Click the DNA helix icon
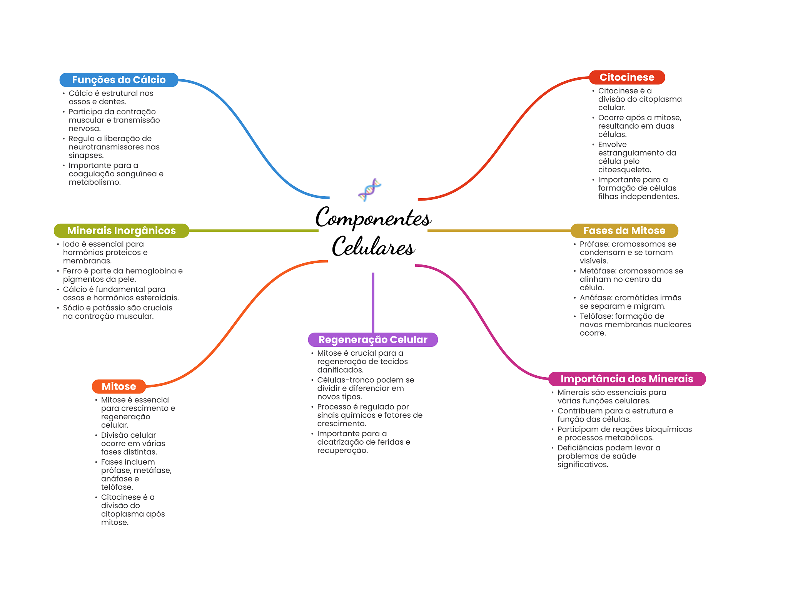click(369, 189)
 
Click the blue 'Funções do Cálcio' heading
click(119, 80)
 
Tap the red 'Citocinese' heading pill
click(627, 77)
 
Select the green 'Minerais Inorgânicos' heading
click(121, 231)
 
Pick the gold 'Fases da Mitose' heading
click(624, 231)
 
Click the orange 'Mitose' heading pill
click(119, 386)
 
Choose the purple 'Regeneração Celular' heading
click(373, 340)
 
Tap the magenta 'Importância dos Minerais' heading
click(627, 379)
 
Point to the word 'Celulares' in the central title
click(373, 247)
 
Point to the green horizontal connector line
click(254, 231)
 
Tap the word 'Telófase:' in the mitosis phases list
click(596, 316)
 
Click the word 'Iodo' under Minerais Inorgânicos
click(71, 244)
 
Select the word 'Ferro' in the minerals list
click(72, 271)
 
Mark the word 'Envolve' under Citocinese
click(612, 144)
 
